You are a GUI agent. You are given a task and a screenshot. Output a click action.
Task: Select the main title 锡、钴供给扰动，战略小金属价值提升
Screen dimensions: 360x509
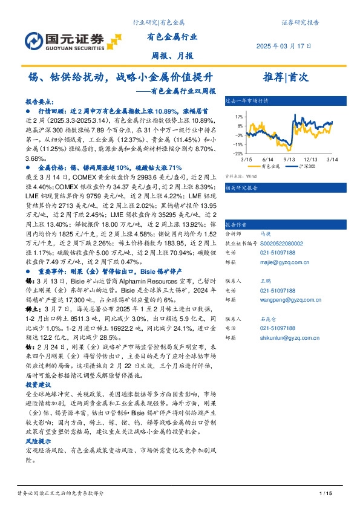tap(122, 77)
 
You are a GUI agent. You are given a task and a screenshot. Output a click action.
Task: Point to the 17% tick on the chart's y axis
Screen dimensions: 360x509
tap(238, 117)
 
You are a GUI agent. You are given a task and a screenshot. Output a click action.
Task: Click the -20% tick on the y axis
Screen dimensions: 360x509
tap(238, 154)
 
